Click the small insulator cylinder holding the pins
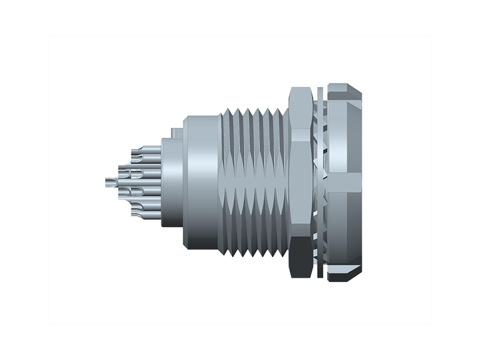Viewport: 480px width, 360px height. (x=172, y=183)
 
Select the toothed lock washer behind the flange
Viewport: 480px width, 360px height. (x=323, y=180)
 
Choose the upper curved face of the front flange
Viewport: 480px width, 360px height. (x=344, y=138)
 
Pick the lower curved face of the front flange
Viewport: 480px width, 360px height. (x=344, y=225)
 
